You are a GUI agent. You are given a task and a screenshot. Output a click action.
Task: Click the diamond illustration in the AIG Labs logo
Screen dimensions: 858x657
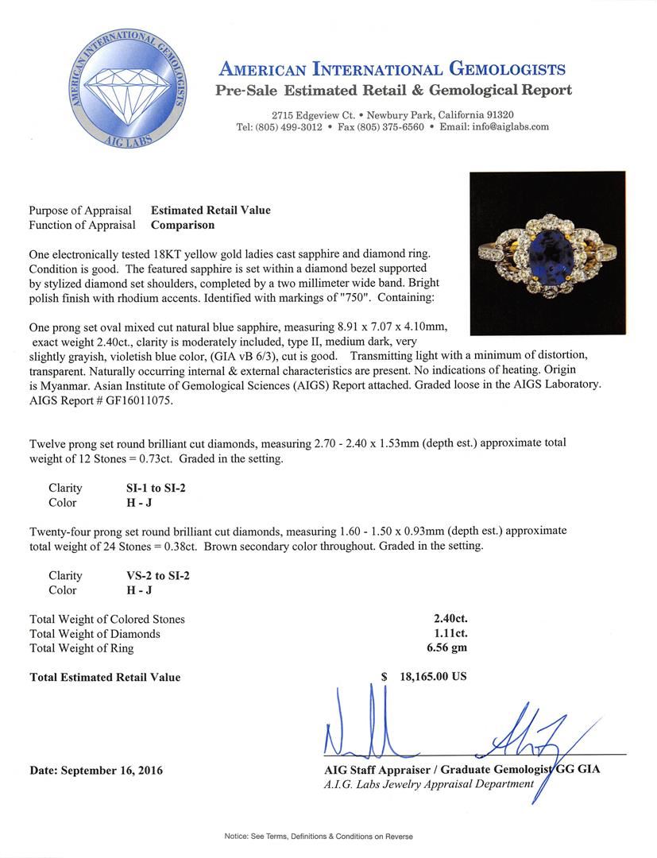pos(129,88)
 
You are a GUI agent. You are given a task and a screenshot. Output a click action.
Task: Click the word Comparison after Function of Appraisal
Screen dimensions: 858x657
pos(183,225)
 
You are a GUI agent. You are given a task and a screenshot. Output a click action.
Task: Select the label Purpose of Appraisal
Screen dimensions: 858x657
pos(80,211)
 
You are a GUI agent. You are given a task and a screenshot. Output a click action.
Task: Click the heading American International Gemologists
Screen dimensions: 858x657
pos(392,69)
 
